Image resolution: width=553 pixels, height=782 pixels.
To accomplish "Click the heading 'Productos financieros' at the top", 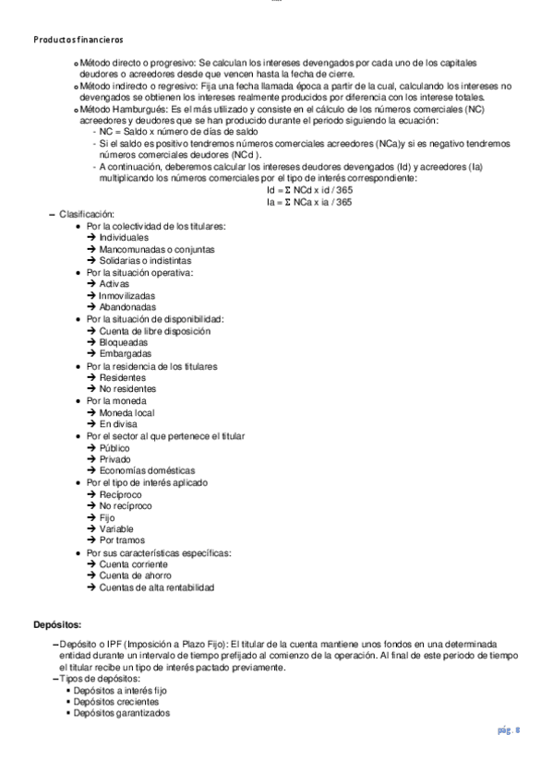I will click(x=78, y=40).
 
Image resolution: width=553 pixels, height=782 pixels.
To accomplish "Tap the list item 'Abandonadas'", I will click(x=127, y=307).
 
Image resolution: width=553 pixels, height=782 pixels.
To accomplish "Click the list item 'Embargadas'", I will click(x=126, y=353).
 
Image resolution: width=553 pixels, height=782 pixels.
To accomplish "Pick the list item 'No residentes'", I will click(x=128, y=389).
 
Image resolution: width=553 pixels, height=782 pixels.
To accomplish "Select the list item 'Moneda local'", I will click(x=126, y=412).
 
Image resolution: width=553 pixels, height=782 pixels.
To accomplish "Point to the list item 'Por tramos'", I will click(x=124, y=540).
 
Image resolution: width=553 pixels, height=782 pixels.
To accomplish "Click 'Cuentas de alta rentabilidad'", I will click(x=157, y=587).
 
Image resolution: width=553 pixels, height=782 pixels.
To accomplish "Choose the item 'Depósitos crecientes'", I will click(x=117, y=701).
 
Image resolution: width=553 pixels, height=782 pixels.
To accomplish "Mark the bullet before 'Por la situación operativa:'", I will click(x=78, y=273).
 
